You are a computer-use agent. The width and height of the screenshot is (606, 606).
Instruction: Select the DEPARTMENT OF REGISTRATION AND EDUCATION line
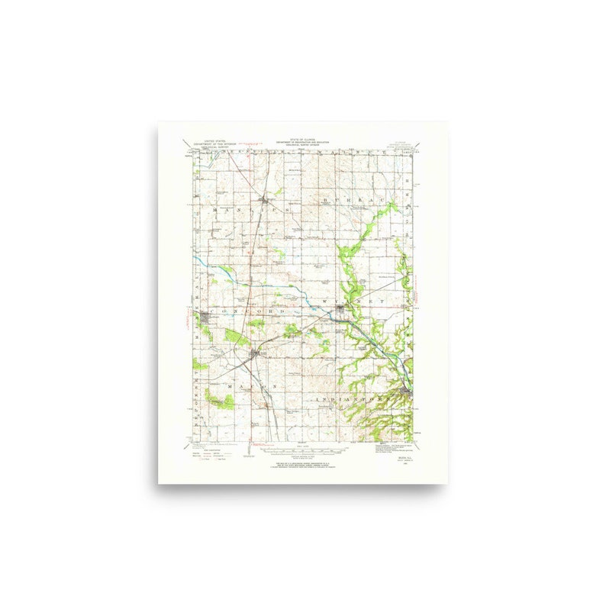coord(301,143)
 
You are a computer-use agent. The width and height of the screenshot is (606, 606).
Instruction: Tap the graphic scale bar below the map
coord(302,450)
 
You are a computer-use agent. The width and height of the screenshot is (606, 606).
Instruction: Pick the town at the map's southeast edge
coord(405,393)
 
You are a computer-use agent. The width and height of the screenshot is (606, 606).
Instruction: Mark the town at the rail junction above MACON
coord(255,353)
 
